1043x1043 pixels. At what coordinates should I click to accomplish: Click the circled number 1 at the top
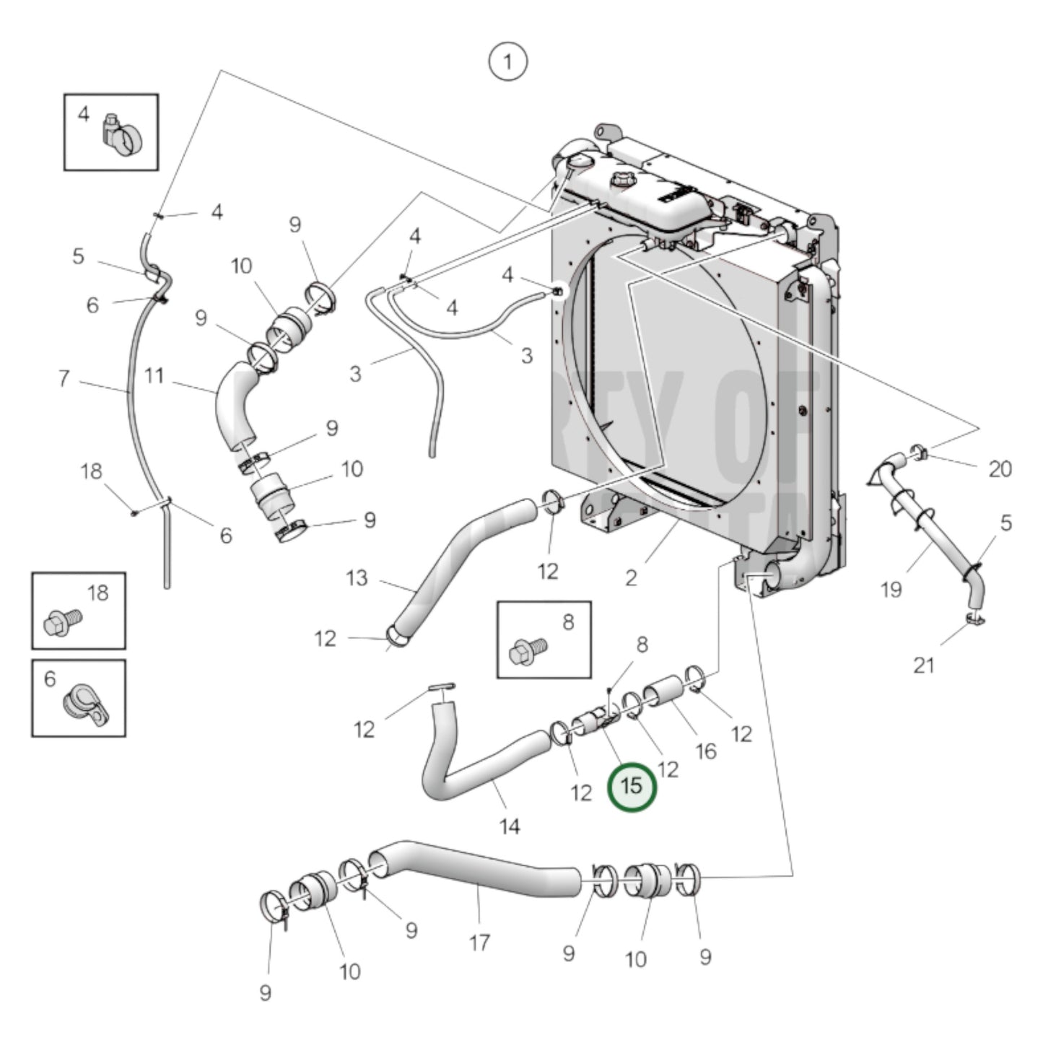click(508, 62)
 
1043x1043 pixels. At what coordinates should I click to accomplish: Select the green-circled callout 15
click(632, 786)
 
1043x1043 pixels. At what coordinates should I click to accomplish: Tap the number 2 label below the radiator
click(631, 578)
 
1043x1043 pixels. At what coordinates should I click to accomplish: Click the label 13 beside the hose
click(357, 578)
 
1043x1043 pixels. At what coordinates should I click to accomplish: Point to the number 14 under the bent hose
click(510, 826)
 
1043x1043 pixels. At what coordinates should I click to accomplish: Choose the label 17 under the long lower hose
click(480, 942)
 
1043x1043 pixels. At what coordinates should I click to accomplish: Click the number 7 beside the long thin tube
click(64, 378)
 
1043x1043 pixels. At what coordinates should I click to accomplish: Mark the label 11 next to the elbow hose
click(154, 376)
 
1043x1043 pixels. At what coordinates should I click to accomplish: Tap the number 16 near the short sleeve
click(705, 751)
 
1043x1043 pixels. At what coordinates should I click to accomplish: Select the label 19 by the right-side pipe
click(891, 590)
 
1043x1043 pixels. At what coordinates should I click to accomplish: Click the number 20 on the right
click(1000, 469)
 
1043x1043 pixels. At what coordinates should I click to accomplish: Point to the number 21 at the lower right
click(924, 665)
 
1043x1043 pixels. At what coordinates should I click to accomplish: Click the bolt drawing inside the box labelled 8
click(528, 650)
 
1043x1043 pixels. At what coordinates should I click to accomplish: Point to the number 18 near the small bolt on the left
click(92, 471)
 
